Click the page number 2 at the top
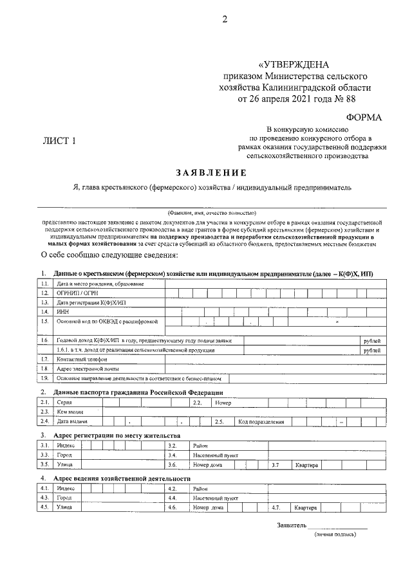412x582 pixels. [x=225, y=19]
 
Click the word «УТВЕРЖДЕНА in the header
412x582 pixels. [x=294, y=66]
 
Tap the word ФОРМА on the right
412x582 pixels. [x=364, y=117]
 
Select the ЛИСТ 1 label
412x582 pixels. [x=59, y=141]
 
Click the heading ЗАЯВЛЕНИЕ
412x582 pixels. [x=211, y=172]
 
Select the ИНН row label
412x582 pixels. [x=62, y=311]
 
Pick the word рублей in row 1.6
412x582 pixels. [x=371, y=340]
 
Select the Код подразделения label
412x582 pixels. [x=261, y=422]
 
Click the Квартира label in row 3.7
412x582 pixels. [x=306, y=464]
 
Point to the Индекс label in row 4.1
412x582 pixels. [x=66, y=489]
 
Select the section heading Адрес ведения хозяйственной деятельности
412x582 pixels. [x=122, y=479]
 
